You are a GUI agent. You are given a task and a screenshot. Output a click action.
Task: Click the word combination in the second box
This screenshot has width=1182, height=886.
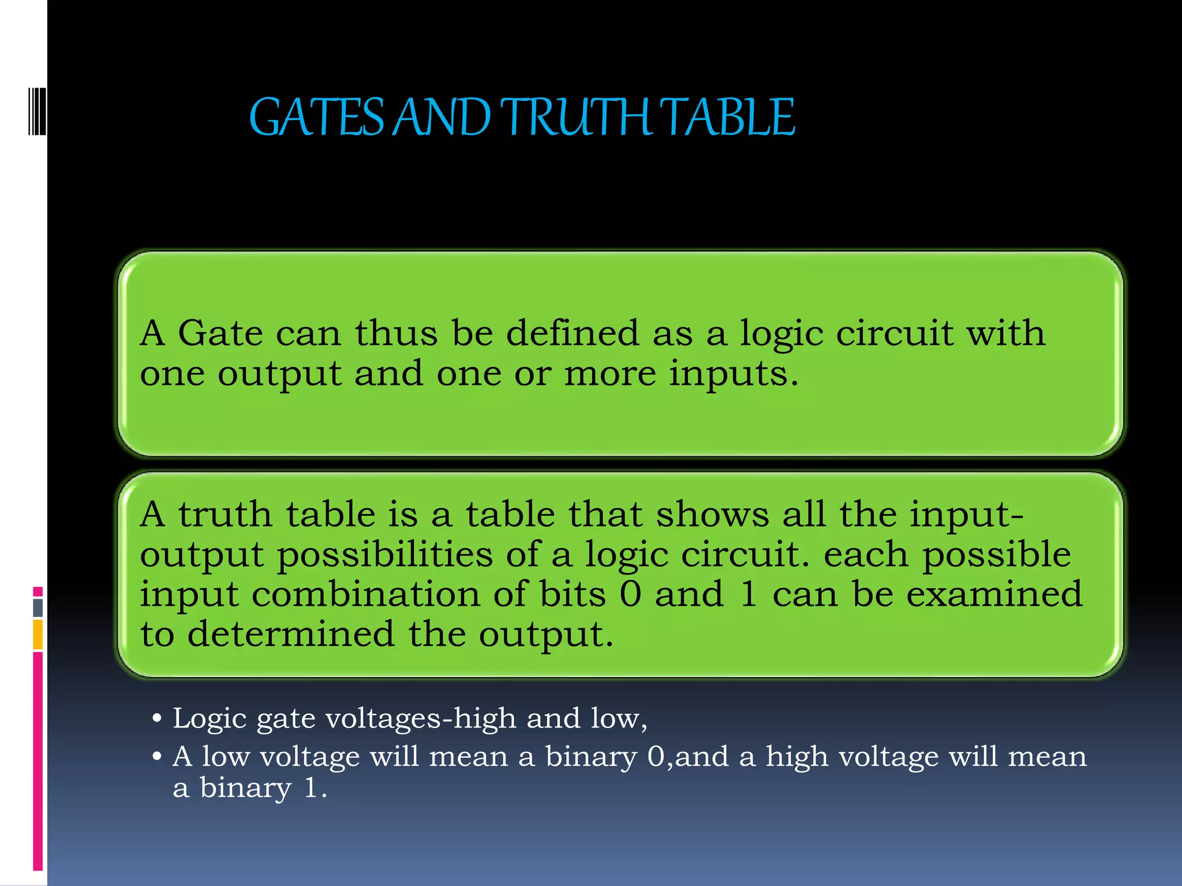(x=365, y=594)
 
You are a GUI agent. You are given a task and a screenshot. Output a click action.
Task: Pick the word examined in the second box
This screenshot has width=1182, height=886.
(x=994, y=594)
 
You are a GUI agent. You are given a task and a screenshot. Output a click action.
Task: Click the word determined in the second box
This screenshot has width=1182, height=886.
(x=291, y=634)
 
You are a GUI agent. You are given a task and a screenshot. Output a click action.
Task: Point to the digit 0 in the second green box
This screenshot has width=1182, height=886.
(x=630, y=595)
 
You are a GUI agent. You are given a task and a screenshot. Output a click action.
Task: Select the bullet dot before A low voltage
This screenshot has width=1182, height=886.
(x=156, y=757)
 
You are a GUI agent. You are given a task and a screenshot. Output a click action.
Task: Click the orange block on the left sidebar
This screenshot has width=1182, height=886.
(x=38, y=635)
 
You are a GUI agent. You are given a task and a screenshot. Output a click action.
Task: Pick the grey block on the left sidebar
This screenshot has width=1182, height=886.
(x=38, y=607)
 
